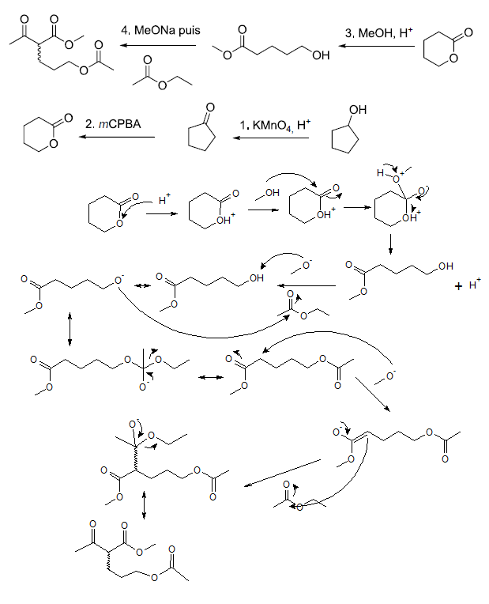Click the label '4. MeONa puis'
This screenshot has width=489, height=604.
pos(160,30)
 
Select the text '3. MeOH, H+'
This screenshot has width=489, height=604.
pos(379,32)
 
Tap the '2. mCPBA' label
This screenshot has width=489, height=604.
pos(113,124)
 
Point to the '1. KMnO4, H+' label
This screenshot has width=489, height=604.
pos(275,125)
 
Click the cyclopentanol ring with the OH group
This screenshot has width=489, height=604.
pos(345,138)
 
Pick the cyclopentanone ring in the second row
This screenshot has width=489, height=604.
pos(201,136)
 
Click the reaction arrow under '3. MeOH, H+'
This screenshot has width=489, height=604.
pos(377,46)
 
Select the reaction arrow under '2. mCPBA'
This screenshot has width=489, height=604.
pos(117,137)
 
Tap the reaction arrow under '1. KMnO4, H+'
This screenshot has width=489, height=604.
pos(271,138)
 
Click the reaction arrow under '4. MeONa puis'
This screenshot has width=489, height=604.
pos(158,45)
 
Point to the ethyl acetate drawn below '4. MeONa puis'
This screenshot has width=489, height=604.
pos(162,73)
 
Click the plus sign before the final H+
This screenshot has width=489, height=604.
pos(458,286)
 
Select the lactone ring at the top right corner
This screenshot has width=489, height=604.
pos(439,48)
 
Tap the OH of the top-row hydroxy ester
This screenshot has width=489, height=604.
pos(321,55)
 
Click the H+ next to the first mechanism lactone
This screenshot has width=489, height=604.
pos(164,199)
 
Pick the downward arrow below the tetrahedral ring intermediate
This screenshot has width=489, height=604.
pos(391,244)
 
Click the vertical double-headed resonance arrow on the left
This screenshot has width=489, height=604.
pos(70,329)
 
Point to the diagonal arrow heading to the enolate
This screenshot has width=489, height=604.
pos(373,394)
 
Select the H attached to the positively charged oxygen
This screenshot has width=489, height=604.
pos(381,173)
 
